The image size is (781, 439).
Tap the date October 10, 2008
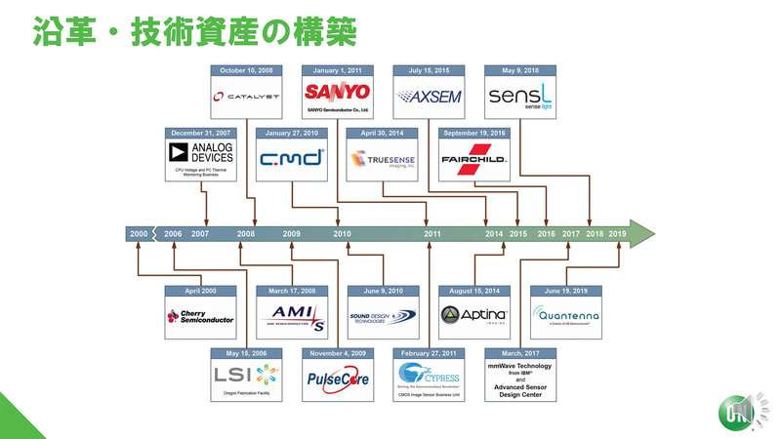pyautogui.click(x=246, y=70)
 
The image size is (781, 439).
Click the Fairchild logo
pyautogui.click(x=475, y=160)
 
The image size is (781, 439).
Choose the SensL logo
pyautogui.click(x=520, y=97)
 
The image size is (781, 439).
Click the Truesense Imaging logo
pyautogui.click(x=384, y=161)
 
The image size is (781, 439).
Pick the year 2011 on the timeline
pyautogui.click(x=432, y=234)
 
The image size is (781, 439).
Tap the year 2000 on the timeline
pyautogui.click(x=140, y=234)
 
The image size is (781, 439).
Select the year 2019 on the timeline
pyautogui.click(x=618, y=234)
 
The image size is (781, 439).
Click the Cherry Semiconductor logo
pyautogui.click(x=200, y=316)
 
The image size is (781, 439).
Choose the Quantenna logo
pyautogui.click(x=566, y=316)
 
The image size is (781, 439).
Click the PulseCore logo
pyautogui.click(x=338, y=379)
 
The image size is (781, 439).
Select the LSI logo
pyautogui.click(x=246, y=375)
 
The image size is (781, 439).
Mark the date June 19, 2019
pyautogui.click(x=566, y=291)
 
